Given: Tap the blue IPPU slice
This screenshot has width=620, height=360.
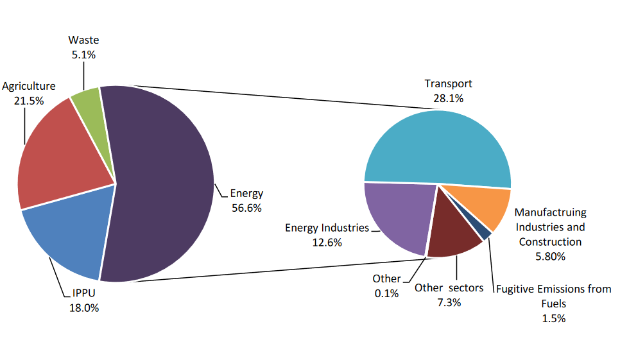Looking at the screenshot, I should [x=67, y=234].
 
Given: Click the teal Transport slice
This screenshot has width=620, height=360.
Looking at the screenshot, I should [x=436, y=148].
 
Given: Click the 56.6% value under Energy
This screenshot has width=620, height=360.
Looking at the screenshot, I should [x=246, y=208].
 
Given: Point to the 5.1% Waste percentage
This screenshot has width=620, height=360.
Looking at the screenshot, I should [x=83, y=55].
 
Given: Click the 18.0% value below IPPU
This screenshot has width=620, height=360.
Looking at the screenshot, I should [x=84, y=307].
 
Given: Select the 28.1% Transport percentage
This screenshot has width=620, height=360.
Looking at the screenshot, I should [x=448, y=98].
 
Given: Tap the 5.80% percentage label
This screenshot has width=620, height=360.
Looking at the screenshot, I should [x=550, y=257].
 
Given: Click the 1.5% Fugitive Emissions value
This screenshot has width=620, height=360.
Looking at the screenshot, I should [x=553, y=318].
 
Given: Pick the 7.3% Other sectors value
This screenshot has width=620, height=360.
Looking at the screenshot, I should [x=449, y=303].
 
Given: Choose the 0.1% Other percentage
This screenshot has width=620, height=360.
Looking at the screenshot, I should [x=386, y=293].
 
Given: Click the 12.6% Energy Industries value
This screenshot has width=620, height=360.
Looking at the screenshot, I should [x=327, y=243].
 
